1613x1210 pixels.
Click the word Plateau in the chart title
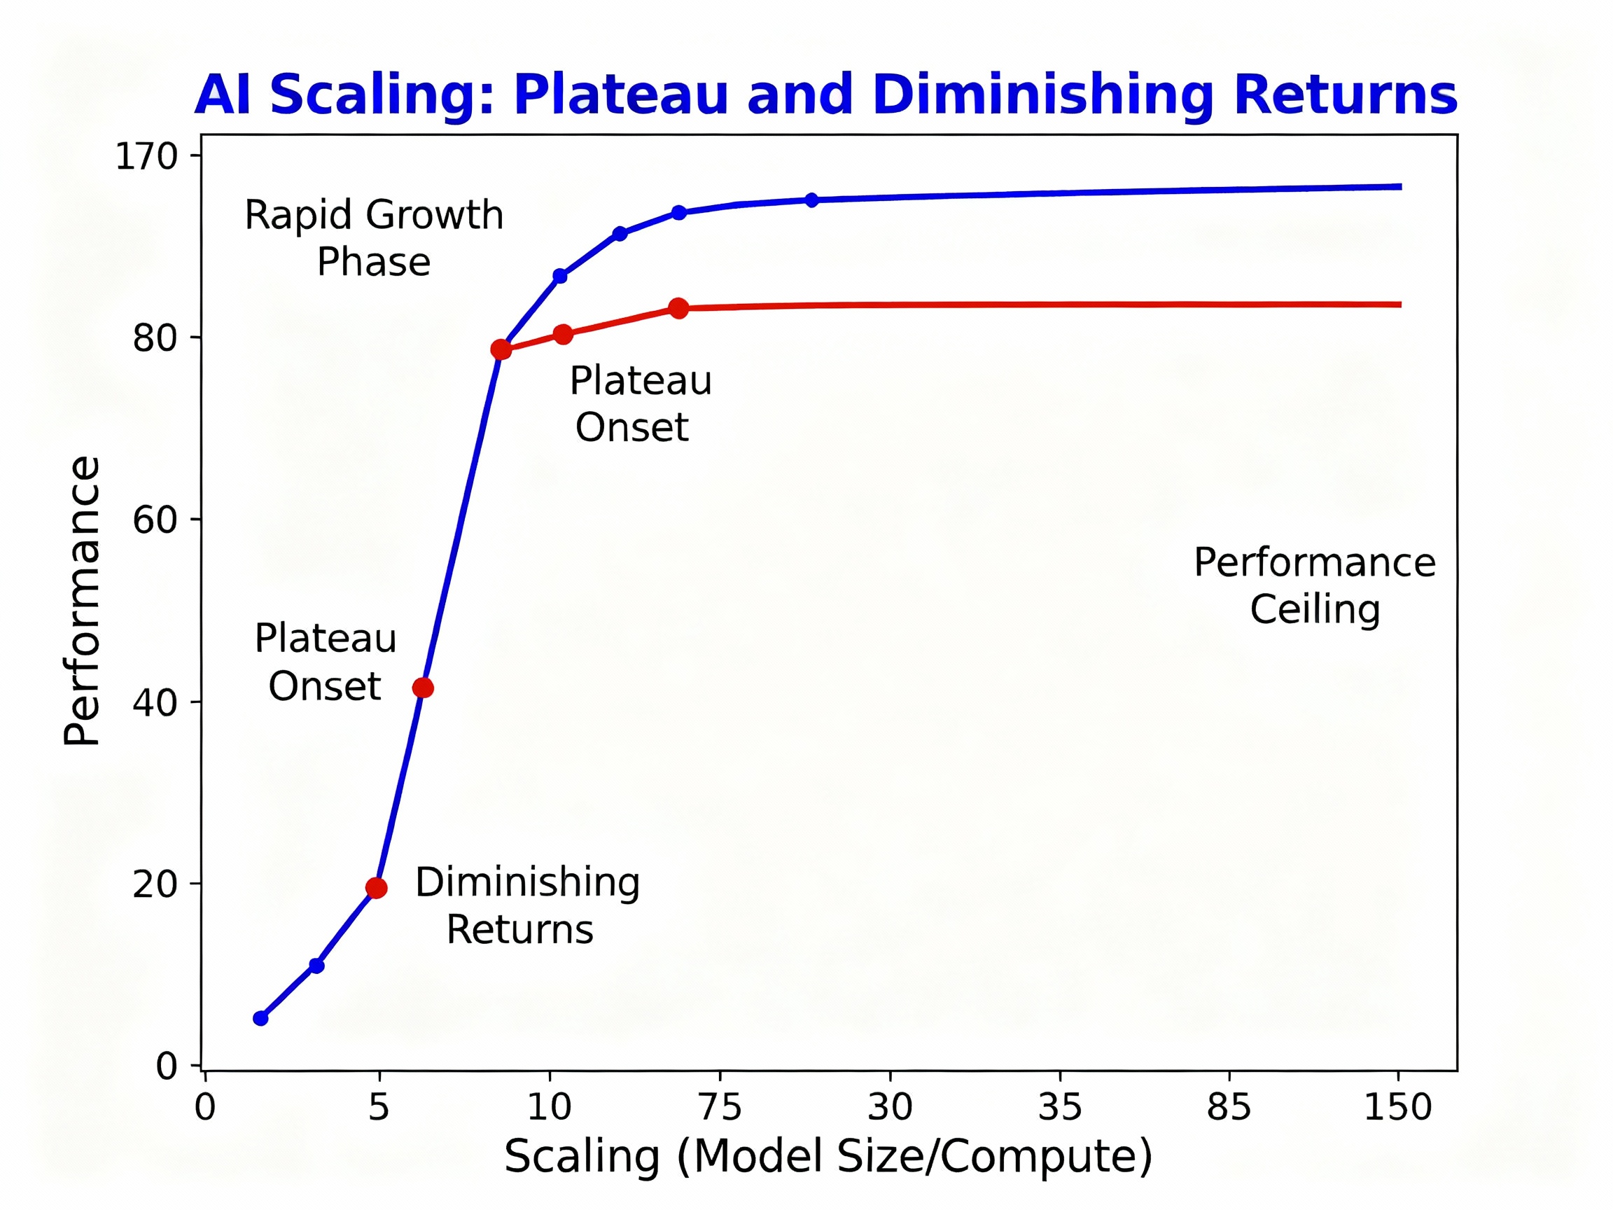click(620, 95)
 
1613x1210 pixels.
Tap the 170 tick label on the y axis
click(146, 156)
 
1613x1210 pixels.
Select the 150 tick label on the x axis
click(1398, 1107)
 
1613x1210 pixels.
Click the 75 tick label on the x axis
click(720, 1107)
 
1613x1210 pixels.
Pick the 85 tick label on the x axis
click(1229, 1107)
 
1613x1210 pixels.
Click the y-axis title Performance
click(82, 600)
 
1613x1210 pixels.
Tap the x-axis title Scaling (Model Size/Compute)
click(828, 1157)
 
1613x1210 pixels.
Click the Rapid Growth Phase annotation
click(373, 238)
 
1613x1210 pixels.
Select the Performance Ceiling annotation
click(1314, 585)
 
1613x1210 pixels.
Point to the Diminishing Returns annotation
click(526, 906)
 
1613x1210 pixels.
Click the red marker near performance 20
click(376, 888)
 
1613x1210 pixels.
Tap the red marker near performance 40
click(423, 688)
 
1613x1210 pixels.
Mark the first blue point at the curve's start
click(260, 1018)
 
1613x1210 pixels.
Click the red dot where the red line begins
click(501, 349)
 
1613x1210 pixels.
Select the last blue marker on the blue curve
click(811, 200)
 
